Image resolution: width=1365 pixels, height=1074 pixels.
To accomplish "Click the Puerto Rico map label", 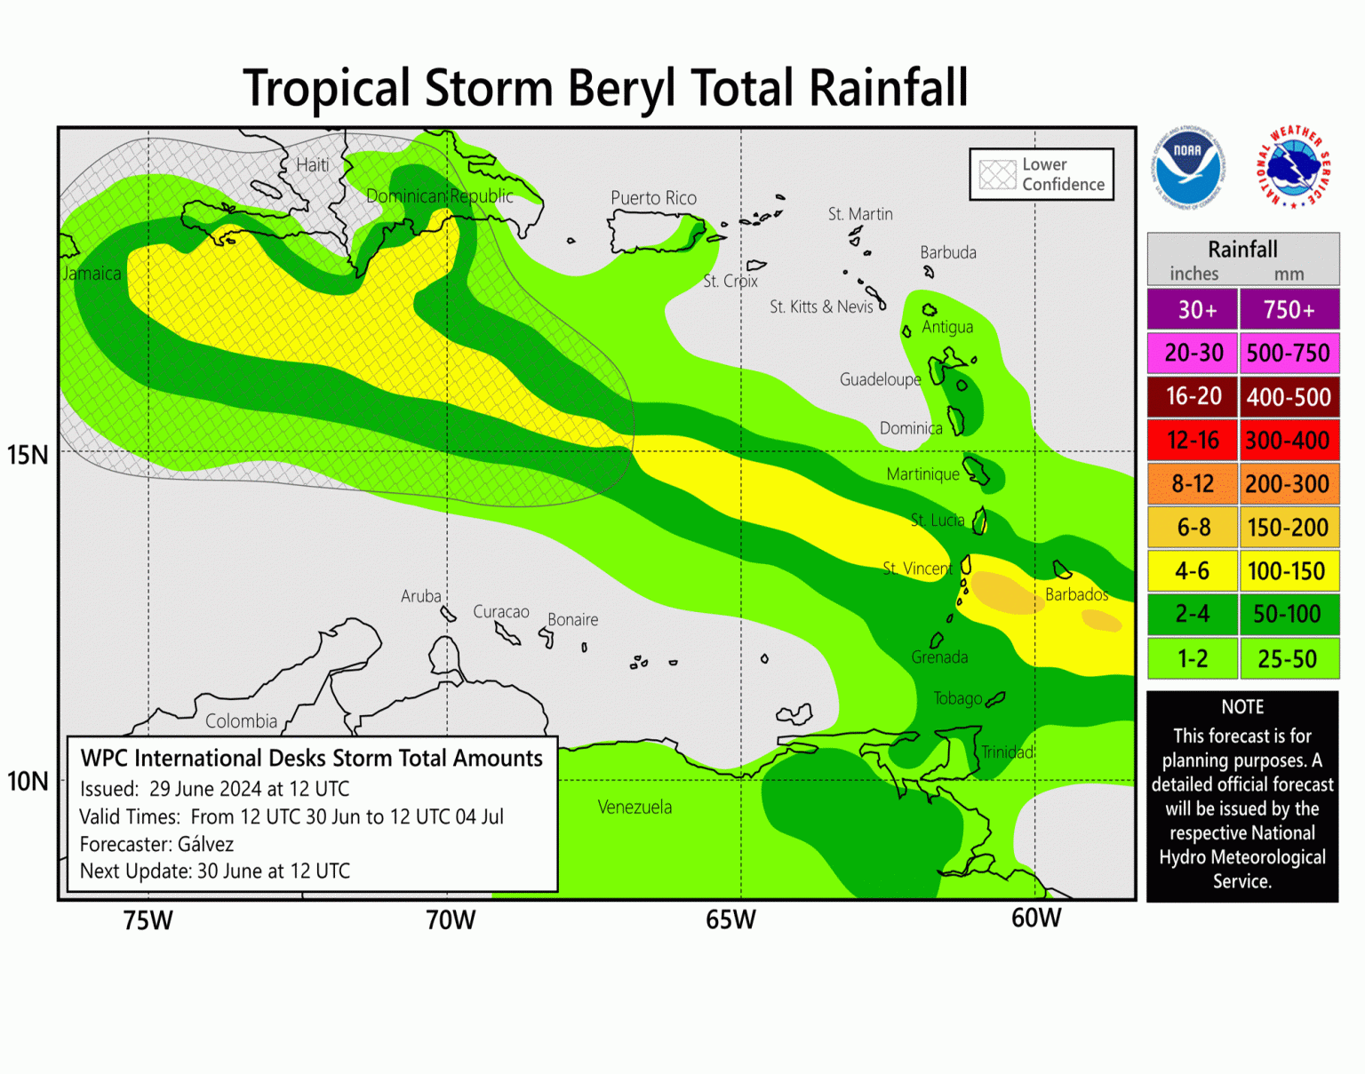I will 653,198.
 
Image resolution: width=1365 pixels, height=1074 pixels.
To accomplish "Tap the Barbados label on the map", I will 1076,594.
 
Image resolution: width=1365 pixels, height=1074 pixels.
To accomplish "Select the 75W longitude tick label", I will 148,920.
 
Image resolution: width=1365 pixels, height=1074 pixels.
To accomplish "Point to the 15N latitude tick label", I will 28,455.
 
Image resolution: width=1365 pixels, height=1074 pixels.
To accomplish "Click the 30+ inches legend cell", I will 1193,310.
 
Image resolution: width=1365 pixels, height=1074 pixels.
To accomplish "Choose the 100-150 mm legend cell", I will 1288,571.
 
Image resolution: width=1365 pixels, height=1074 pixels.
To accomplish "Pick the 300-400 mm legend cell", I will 1288,441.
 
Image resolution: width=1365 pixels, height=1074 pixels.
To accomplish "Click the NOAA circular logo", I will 1187,166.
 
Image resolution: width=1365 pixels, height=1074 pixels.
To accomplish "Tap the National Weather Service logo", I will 1293,167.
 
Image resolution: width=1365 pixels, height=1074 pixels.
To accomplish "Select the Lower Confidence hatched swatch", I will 997,174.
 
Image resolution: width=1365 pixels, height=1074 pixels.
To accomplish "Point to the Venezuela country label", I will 635,807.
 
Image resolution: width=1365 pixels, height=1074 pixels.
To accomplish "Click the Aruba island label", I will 420,596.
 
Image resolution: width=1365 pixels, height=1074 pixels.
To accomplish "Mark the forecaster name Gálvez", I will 205,844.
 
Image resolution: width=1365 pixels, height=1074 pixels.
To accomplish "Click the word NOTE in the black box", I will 1242,707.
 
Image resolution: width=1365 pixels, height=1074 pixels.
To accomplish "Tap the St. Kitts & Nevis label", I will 821,307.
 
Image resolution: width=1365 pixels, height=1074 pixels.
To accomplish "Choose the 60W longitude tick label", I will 1036,919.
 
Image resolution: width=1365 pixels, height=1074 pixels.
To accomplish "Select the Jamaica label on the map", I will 92,274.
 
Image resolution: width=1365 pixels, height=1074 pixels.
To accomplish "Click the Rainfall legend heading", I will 1242,250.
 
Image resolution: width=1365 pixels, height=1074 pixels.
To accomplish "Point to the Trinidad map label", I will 1007,752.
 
